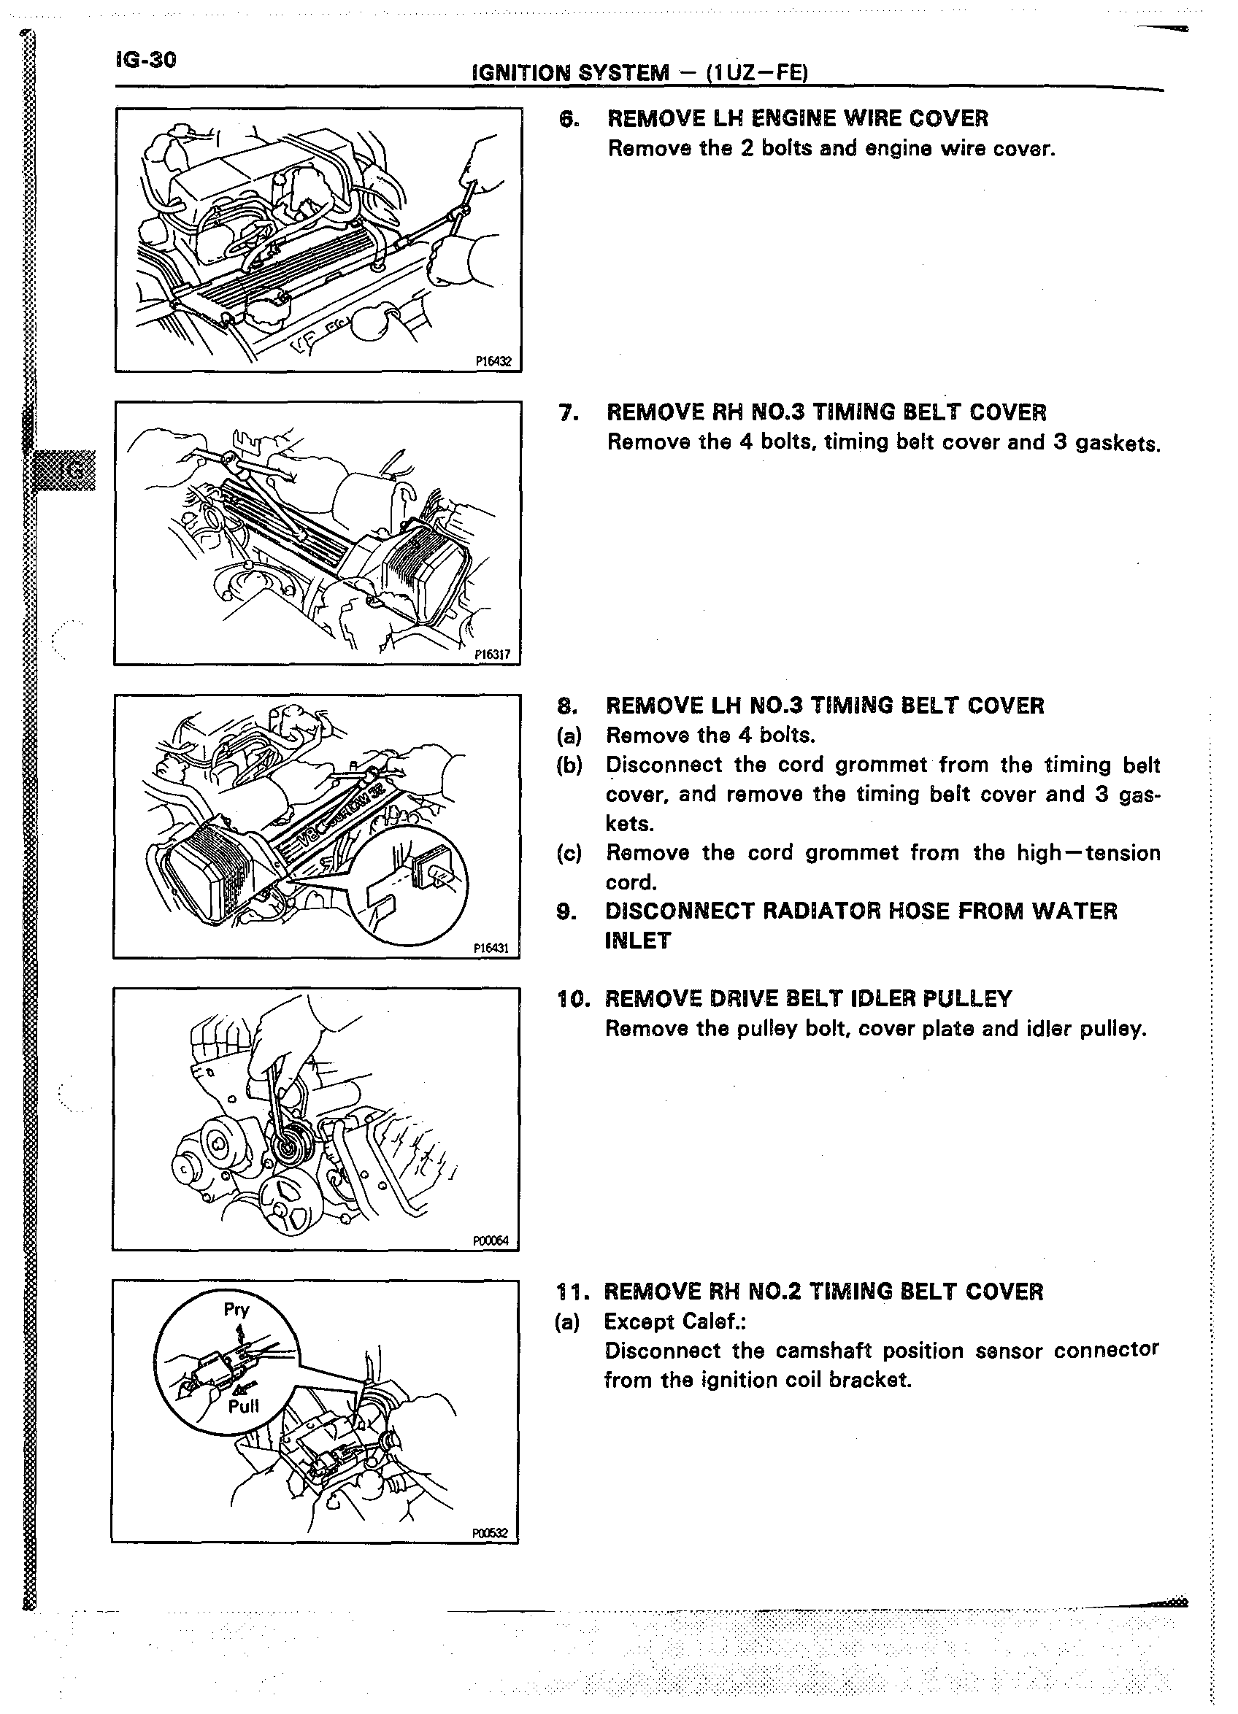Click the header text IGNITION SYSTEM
click(570, 72)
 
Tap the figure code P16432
click(493, 361)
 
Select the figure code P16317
click(492, 655)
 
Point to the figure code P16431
click(491, 948)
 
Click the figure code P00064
click(491, 1240)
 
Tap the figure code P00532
click(490, 1533)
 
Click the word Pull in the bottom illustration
click(243, 1405)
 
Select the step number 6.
click(568, 120)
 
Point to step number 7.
click(568, 413)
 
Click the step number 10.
click(571, 999)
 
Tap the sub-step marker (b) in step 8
click(569, 765)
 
